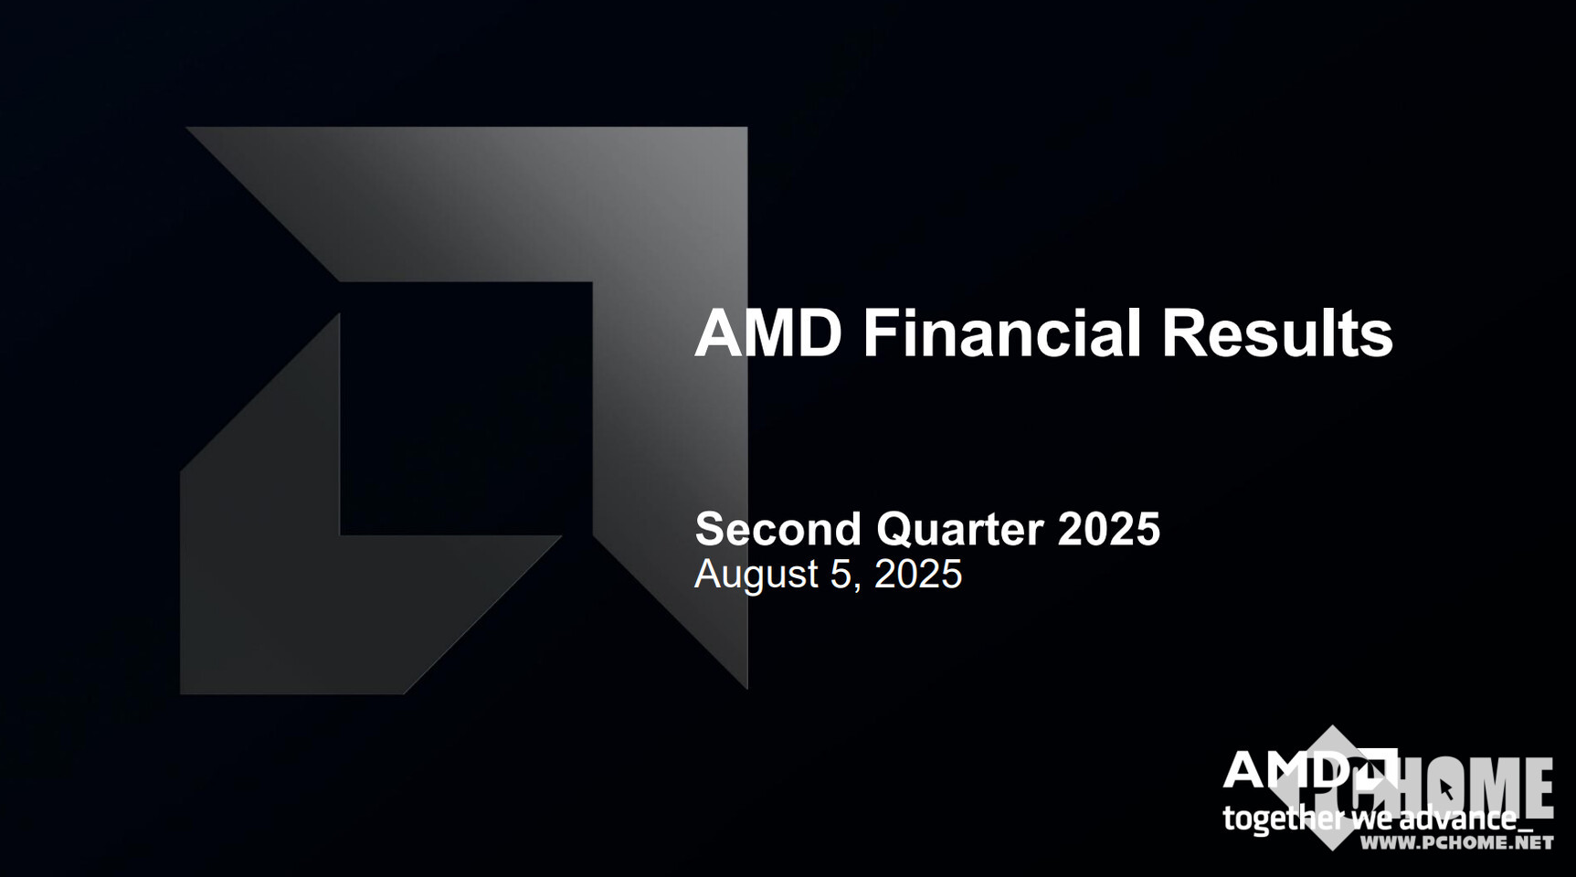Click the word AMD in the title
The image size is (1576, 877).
(x=768, y=333)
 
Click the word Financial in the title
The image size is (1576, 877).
(x=1002, y=333)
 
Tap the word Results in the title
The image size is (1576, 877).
(x=1277, y=333)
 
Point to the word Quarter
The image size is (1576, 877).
(x=959, y=530)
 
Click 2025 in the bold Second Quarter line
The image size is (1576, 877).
(x=1108, y=529)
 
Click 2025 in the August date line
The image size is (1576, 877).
(x=918, y=574)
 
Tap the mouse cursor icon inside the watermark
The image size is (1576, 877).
(x=1444, y=788)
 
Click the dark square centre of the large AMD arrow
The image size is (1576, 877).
(x=466, y=408)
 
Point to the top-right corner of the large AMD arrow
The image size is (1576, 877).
(x=746, y=128)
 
